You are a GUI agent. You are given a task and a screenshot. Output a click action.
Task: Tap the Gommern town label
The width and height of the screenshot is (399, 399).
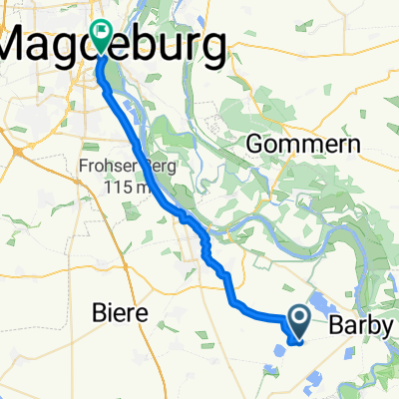click(x=289, y=142)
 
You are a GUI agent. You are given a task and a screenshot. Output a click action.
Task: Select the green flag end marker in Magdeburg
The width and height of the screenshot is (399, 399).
click(x=102, y=34)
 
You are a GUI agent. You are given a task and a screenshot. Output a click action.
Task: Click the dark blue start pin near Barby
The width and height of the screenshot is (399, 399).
click(x=299, y=319)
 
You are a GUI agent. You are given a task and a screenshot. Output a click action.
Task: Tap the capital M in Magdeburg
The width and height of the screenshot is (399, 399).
click(x=22, y=44)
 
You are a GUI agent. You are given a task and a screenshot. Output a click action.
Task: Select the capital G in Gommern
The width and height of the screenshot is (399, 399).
click(x=253, y=142)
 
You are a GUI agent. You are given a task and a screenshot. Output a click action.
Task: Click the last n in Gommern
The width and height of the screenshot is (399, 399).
click(x=325, y=142)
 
